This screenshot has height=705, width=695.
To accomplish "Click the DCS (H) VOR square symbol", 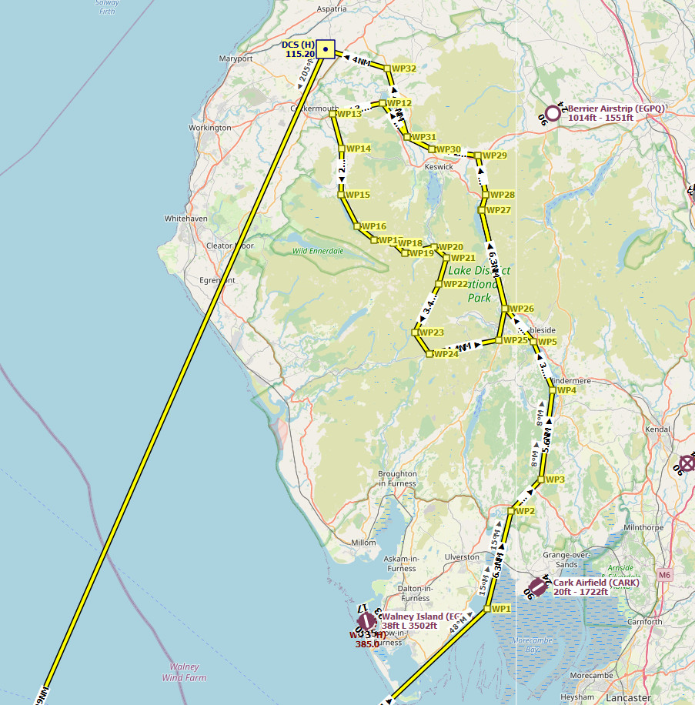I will coord(326,49).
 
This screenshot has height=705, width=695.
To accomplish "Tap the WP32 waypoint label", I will coord(404,68).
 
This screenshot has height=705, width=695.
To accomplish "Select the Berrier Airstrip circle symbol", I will coord(552,112).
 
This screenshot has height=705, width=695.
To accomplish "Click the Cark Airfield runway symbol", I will coord(537,587).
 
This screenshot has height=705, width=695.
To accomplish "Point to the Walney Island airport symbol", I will coord(366,620).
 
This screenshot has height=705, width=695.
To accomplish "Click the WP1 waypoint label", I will coord(502,609).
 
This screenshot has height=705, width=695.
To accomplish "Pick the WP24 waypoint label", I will coord(446,354).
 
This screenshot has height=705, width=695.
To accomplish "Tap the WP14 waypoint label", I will coord(358,149).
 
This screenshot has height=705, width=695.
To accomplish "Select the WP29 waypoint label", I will coord(495,155).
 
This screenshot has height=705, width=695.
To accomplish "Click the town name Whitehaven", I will coord(185,219).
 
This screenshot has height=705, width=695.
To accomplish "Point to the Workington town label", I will coord(209,128).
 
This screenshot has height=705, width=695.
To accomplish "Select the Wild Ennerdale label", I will coord(317,251).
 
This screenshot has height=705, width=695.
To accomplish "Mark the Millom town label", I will coord(363,543).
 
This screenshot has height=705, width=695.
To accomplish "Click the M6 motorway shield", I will coord(665,574).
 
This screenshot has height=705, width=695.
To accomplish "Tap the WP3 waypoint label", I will coord(555,479).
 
